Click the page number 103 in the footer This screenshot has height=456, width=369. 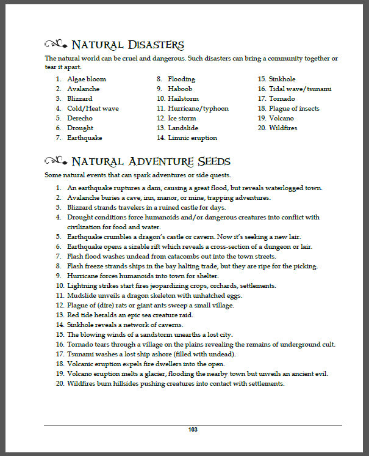[193, 430]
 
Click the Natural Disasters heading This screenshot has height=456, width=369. [127, 45]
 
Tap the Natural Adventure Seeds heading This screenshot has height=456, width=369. [151, 161]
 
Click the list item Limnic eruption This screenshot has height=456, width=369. [192, 138]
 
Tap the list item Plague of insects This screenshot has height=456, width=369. [293, 108]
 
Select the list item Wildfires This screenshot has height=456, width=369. [283, 128]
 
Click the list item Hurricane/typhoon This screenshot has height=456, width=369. [195, 108]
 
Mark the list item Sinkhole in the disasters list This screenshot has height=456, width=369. [282, 79]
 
